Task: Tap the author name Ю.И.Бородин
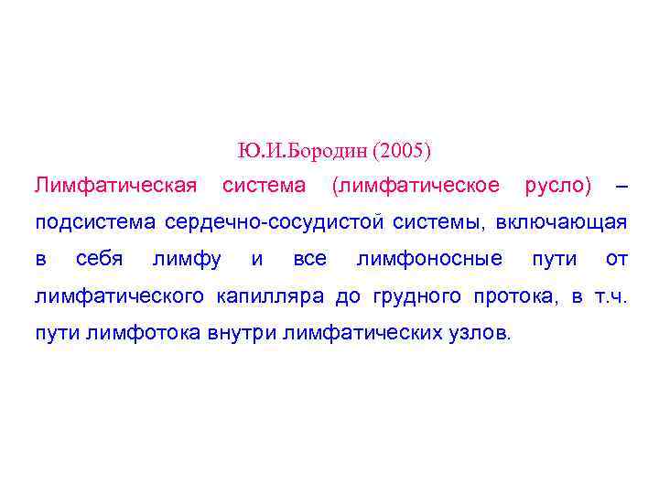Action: (x=303, y=149)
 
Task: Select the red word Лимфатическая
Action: (x=115, y=186)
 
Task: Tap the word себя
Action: (x=100, y=259)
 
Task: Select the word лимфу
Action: (x=187, y=259)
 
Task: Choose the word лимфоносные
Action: (x=429, y=259)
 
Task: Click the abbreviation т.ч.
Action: (x=609, y=295)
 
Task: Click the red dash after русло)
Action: (x=622, y=187)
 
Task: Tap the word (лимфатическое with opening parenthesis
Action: (x=416, y=186)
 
